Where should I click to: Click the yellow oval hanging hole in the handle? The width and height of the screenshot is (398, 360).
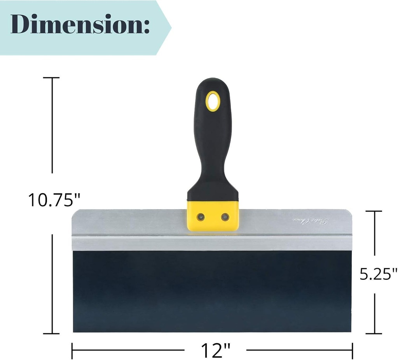[213, 101]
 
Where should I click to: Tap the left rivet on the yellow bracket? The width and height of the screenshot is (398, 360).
[201, 217]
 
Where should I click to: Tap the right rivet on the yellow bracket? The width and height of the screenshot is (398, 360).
[225, 217]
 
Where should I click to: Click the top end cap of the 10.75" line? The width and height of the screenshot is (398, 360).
[51, 78]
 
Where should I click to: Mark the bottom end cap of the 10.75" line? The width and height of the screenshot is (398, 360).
[51, 333]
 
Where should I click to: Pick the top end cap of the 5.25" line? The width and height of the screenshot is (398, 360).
[374, 211]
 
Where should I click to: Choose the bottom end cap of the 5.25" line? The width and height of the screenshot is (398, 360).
[374, 333]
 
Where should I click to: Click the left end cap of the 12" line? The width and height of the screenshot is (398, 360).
[72, 351]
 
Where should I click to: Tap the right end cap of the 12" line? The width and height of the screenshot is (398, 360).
[352, 351]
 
